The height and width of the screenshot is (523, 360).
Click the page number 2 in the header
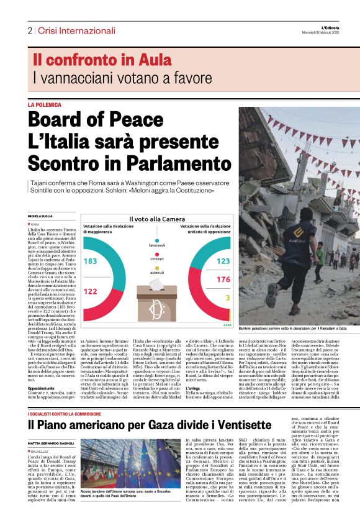click(29, 30)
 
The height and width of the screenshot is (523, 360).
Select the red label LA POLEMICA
click(45, 105)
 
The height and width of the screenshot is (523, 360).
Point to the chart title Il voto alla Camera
click(156, 219)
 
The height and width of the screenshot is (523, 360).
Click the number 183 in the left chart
click(91, 261)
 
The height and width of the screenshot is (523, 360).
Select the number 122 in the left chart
click(91, 291)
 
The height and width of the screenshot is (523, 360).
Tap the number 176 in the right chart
click(223, 280)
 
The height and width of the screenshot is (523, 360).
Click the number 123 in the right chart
click(223, 261)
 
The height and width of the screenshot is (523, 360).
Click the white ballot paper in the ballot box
click(157, 284)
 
